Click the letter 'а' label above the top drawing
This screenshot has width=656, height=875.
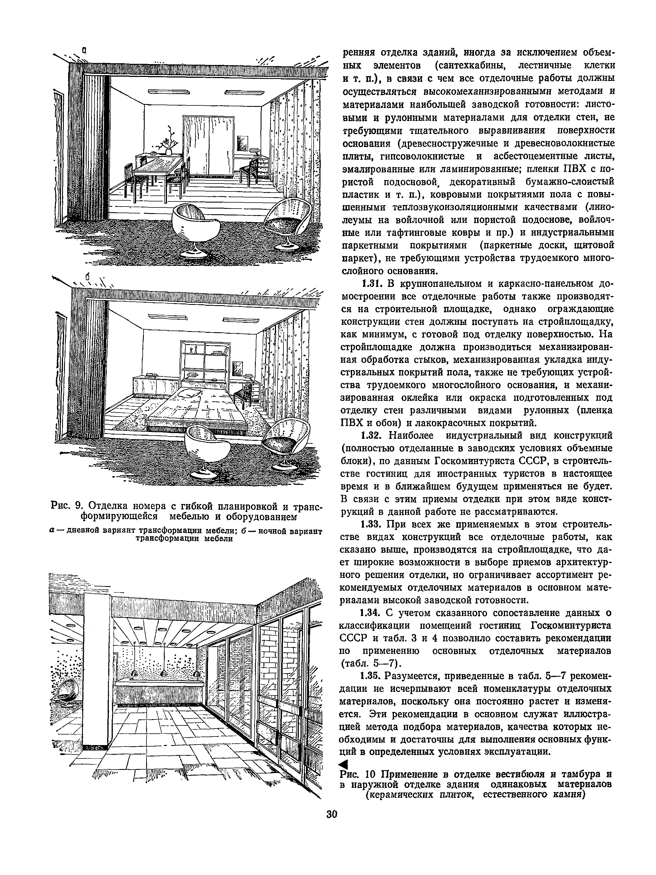[85, 50]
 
